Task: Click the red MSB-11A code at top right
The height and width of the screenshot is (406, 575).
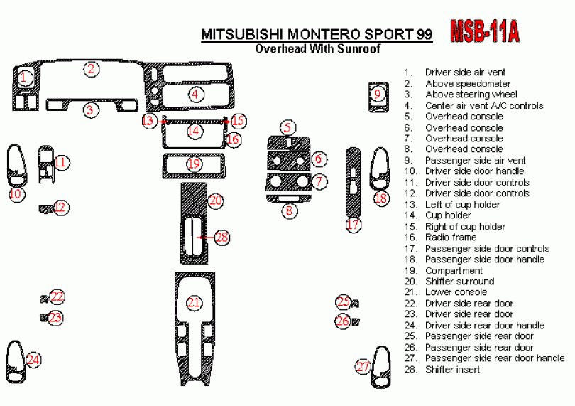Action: pos(486,31)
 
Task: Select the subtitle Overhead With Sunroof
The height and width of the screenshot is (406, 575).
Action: pos(317,49)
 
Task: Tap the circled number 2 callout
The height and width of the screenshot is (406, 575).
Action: pos(91,69)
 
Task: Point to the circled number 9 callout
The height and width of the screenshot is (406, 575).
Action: pos(378,93)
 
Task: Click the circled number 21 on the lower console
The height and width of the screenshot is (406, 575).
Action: pos(193,303)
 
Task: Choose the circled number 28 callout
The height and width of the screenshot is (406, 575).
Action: pos(222,237)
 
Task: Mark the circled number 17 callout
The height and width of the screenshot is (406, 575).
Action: pos(353,225)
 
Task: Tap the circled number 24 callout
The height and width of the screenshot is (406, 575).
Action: pos(33,360)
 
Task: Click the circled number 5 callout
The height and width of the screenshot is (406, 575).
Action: pos(287,128)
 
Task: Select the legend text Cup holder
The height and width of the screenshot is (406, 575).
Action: pos(448,215)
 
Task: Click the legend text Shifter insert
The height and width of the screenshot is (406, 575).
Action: pos(452,370)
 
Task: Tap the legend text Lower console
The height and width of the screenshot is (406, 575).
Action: pos(456,292)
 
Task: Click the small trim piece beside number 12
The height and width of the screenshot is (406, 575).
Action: pos(45,208)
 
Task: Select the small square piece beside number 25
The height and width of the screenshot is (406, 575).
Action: pos(355,304)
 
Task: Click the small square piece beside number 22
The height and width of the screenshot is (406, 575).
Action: pos(45,297)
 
